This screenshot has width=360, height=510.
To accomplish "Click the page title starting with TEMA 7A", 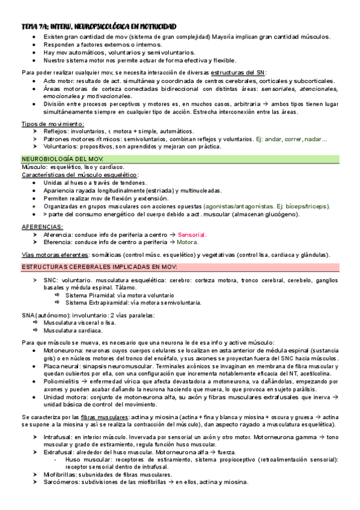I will point(99,27).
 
